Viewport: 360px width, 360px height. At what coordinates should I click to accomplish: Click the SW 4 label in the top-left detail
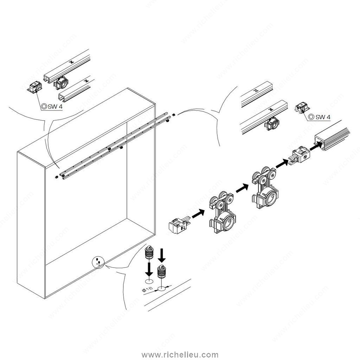(55, 107)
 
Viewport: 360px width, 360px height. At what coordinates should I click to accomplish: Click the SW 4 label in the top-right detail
(323, 117)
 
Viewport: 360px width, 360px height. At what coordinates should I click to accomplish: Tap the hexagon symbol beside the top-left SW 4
(44, 107)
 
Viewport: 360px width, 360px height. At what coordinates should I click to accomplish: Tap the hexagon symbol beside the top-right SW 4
(311, 117)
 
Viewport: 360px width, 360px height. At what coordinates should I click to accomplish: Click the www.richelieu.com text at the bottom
(180, 355)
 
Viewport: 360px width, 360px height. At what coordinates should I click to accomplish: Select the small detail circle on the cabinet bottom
(98, 262)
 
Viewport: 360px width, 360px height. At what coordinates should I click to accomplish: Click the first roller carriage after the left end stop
(222, 212)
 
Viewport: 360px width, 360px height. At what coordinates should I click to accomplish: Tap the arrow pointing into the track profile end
(316, 146)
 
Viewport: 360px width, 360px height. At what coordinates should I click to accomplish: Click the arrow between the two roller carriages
(243, 188)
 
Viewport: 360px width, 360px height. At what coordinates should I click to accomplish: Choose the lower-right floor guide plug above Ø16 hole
(162, 272)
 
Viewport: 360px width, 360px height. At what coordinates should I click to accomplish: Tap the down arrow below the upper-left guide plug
(149, 269)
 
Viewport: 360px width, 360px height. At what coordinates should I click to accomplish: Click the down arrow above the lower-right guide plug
(162, 255)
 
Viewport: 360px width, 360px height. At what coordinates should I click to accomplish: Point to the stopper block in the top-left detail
(35, 87)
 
